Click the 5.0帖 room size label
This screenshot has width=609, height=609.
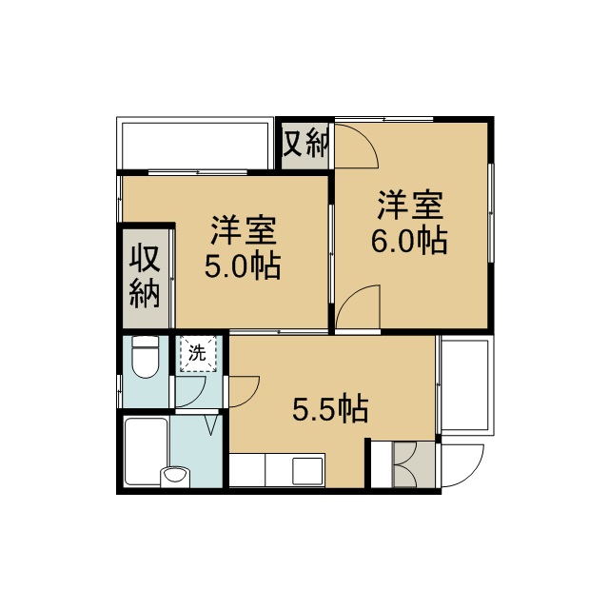[243, 267]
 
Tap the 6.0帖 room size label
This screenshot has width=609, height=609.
[409, 242]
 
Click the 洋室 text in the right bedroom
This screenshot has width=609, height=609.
[410, 206]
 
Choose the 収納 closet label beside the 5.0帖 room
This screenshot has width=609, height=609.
[145, 275]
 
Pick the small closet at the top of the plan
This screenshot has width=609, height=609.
[304, 144]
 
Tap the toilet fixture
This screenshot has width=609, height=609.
[145, 357]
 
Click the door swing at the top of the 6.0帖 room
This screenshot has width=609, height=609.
[355, 144]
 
